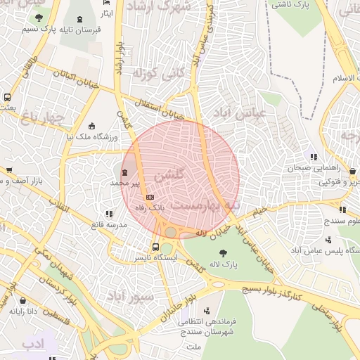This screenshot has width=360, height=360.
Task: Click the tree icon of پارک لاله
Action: pyautogui.click(x=223, y=253)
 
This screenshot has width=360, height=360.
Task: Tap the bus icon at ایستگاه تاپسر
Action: pyautogui.click(x=155, y=247)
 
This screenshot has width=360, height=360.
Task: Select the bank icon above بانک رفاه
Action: pyautogui.click(x=150, y=196)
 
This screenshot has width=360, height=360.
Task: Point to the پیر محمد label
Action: pyautogui.click(x=125, y=183)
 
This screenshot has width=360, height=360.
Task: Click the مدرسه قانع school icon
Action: pyautogui.click(x=108, y=213)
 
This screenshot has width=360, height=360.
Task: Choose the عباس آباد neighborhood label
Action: pyautogui.click(x=260, y=112)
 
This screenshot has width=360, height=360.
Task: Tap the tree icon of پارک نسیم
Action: pyautogui.click(x=39, y=18)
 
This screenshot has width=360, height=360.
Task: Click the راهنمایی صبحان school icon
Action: pyautogui.click(x=313, y=157)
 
